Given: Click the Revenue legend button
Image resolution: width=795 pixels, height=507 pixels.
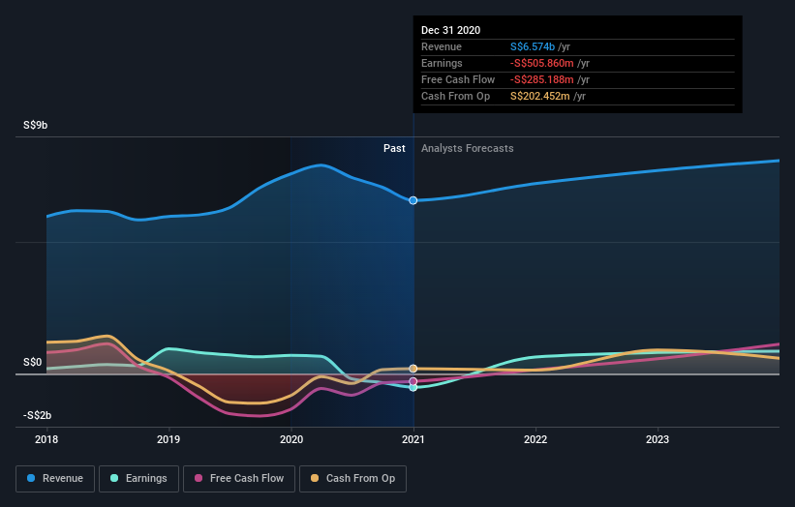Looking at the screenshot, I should (x=56, y=478).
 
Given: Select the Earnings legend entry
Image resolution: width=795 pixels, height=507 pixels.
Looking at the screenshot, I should (x=139, y=478).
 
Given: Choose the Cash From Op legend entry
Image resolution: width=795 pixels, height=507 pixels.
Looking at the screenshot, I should (x=353, y=478).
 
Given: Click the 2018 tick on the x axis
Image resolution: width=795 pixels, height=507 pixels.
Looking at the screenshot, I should (x=46, y=438).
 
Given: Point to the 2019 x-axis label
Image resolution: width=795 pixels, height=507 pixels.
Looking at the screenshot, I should (x=169, y=438).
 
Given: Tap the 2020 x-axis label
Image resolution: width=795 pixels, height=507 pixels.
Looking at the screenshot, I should (x=291, y=438).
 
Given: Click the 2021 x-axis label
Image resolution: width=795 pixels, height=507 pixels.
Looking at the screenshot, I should (x=413, y=438).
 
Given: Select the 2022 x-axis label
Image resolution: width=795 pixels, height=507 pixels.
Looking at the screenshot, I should (x=535, y=438).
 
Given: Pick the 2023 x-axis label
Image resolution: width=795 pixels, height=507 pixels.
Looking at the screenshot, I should (x=657, y=438).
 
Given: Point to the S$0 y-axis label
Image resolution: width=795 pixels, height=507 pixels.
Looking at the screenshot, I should (x=32, y=363).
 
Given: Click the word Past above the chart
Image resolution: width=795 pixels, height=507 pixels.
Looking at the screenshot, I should (x=394, y=148).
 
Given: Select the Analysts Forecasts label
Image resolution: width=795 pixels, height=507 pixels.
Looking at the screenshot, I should (x=468, y=148).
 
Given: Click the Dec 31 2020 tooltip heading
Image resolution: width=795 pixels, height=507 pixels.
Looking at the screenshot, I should (x=450, y=31).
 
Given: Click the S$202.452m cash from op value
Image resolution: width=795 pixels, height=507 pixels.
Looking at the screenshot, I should (x=540, y=96).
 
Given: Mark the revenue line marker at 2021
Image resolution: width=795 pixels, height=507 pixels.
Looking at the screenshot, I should (x=413, y=200).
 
